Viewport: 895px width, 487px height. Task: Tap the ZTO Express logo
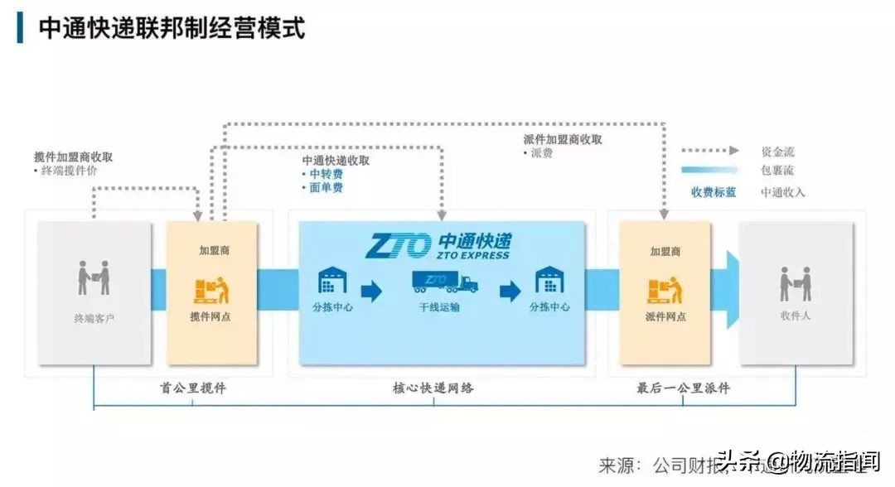click(440, 245)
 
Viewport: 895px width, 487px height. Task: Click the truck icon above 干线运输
click(444, 282)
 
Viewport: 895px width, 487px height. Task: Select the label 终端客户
click(94, 317)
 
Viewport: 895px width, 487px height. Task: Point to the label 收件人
click(795, 316)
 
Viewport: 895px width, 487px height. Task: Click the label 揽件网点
click(210, 316)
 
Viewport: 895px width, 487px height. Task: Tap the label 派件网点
click(665, 316)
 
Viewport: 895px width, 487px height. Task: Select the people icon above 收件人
click(795, 282)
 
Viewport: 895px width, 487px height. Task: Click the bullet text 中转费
click(326, 174)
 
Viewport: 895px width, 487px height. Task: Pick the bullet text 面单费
click(326, 188)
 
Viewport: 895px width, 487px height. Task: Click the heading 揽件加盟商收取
click(74, 157)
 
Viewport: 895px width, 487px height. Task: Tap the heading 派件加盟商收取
click(563, 139)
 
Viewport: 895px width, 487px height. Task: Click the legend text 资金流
click(777, 152)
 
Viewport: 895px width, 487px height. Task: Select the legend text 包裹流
click(777, 171)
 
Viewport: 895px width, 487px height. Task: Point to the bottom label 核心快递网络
click(433, 388)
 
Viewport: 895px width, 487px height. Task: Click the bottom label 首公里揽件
click(192, 388)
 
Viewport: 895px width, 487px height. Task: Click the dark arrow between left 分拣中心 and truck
click(371, 291)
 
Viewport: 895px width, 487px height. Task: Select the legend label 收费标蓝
click(714, 192)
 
